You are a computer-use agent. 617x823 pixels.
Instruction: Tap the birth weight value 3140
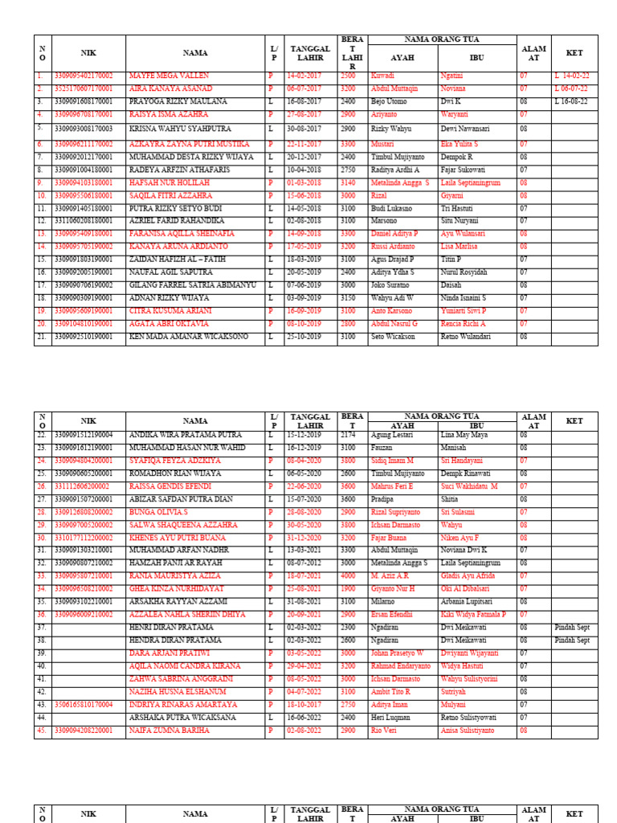point(349,183)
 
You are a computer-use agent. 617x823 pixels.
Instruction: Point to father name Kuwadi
point(382,76)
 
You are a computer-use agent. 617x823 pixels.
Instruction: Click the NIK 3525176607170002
point(84,88)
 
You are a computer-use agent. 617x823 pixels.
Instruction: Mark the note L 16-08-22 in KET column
point(570,102)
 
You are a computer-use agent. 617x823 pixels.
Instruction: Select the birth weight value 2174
point(348,435)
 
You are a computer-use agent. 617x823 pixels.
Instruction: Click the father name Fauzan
point(382,448)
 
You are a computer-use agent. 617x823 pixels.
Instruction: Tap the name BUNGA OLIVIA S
point(158,512)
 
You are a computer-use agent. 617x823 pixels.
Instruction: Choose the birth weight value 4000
point(349,576)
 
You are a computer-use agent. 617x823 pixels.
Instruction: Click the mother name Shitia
point(451,499)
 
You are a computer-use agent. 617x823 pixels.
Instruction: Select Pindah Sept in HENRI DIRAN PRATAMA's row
point(572,628)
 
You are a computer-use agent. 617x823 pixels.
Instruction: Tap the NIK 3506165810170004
point(84,705)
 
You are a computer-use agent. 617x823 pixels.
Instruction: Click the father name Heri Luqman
point(390,718)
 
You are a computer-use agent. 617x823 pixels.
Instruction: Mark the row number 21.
point(41,337)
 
